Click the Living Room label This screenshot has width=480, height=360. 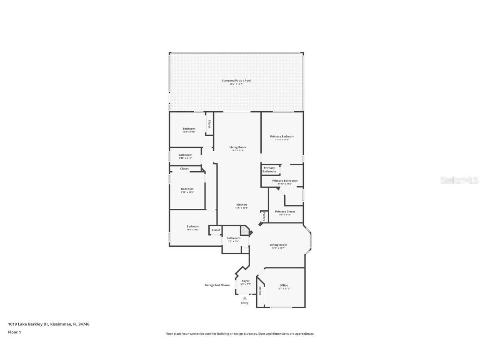click(x=238, y=147)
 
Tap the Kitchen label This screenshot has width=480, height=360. click(x=242, y=205)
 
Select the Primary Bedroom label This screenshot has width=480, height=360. click(x=282, y=136)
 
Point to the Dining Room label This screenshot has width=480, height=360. click(x=278, y=245)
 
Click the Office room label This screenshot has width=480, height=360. click(x=284, y=285)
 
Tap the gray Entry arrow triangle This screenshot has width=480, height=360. click(x=245, y=298)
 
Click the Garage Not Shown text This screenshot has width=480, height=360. click(x=217, y=285)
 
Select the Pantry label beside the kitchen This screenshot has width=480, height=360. click(x=264, y=217)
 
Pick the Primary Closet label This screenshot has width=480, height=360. click(x=285, y=211)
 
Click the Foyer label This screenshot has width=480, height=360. click(x=246, y=281)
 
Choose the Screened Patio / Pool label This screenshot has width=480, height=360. click(x=236, y=80)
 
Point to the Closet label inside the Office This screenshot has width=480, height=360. click(x=260, y=290)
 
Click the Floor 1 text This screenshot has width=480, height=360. click(x=14, y=332)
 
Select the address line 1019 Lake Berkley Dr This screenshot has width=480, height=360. click(x=49, y=324)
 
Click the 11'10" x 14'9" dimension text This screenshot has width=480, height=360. click(x=282, y=140)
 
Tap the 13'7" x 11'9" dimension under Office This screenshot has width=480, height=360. click(x=284, y=289)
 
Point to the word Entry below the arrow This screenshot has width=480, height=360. click(x=245, y=302)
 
